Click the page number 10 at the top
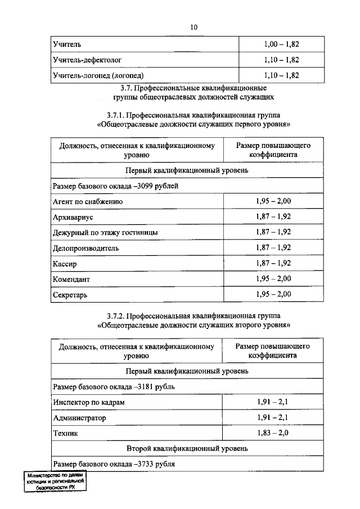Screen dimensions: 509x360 pos(194,27)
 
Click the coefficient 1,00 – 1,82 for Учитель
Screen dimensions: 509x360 pos(281,43)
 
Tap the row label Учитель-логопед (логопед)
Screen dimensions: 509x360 pos(98,75)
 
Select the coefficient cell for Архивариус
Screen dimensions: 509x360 pos(273,217)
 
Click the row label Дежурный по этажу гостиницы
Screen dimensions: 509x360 pos(105,232)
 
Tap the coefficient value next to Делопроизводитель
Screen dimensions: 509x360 pos(273,247)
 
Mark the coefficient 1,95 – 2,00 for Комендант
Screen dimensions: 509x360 pos(273,278)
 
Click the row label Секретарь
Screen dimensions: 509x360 pos(70,294)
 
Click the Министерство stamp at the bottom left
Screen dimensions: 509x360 pos(55,483)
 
